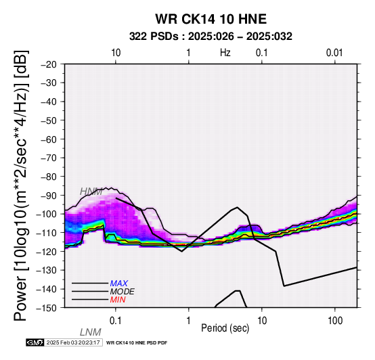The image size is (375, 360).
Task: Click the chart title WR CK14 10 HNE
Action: click(211, 19)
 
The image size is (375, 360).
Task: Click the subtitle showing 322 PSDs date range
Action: click(211, 37)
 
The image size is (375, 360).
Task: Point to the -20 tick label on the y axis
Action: click(49, 64)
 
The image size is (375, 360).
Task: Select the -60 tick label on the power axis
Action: click(49, 139)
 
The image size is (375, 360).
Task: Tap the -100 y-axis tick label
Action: click(47, 214)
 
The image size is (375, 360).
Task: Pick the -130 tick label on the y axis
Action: click(47, 270)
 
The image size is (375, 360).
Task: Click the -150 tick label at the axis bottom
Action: click(47, 308)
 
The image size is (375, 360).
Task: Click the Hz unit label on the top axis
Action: click(225, 53)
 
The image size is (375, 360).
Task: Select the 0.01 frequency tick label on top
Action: click(334, 53)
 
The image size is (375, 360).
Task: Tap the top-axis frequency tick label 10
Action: click(116, 53)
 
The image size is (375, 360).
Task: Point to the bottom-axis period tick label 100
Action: click(335, 321)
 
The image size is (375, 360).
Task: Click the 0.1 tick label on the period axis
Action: click(115, 321)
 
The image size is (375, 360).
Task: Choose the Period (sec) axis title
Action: click(225, 328)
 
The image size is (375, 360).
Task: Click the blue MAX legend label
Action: click(119, 284)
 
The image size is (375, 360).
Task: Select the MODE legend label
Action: click(123, 292)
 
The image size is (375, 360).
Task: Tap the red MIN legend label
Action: click(118, 300)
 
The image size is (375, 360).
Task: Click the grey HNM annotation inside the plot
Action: click(91, 192)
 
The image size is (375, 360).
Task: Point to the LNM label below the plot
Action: click(91, 332)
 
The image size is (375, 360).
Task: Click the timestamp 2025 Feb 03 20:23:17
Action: click(73, 342)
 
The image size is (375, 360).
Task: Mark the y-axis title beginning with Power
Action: click(21, 185)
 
